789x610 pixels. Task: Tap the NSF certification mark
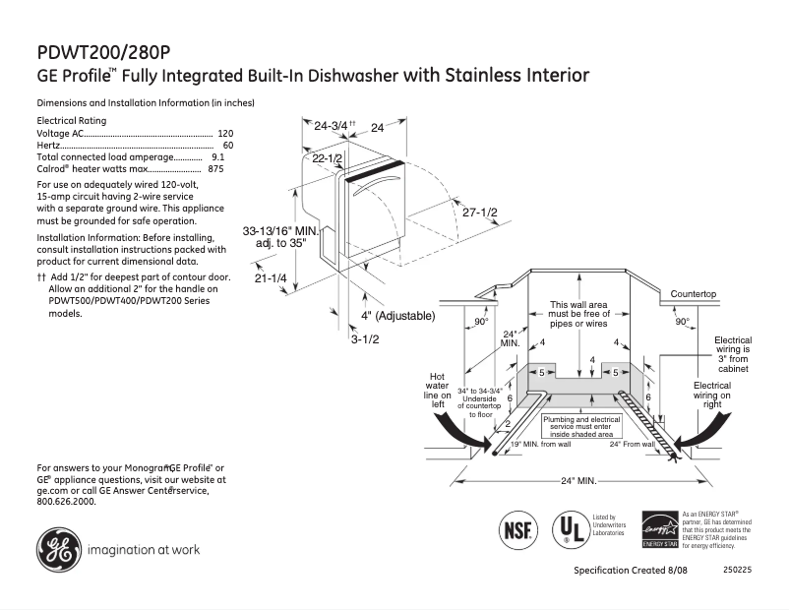point(519,528)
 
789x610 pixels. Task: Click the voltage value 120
point(225,133)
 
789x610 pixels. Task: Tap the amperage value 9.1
point(218,156)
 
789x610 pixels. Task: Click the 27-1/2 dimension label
point(480,213)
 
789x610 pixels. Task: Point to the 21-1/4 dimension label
point(270,279)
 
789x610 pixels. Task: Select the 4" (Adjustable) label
point(397,316)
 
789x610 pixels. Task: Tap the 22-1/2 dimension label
point(327,158)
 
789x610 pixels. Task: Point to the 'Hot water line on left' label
point(439,391)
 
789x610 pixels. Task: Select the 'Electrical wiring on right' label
point(711,395)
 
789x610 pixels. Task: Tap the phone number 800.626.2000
point(66,502)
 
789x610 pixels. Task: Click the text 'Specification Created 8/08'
point(630,572)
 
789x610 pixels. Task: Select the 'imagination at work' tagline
point(144,550)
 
